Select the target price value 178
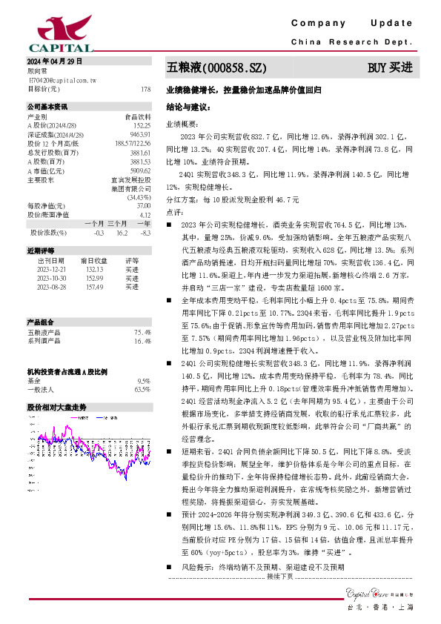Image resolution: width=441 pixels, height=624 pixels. coord(145,89)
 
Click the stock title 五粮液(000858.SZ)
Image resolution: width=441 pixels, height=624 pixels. coord(216,67)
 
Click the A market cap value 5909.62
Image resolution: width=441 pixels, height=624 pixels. coord(140,170)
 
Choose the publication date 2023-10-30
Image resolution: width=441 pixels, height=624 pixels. coord(51,278)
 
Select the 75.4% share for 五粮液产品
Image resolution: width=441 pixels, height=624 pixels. coord(142,333)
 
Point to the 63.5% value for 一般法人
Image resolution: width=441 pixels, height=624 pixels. coord(142,388)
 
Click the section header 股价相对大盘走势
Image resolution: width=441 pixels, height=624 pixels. coord(57,407)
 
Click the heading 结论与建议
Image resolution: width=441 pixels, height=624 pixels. coord(189,107)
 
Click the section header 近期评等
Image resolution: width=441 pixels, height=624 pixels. coord(42,251)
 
